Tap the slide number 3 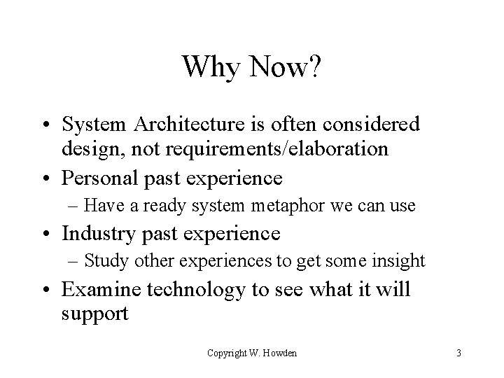[x=458, y=353]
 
